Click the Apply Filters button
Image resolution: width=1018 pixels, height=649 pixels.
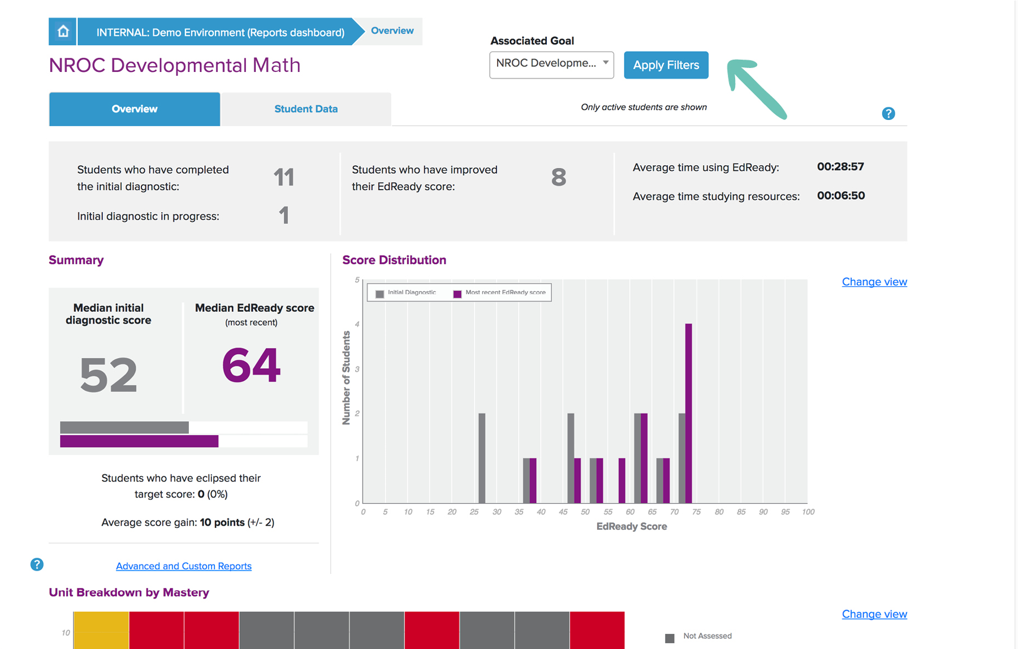666,65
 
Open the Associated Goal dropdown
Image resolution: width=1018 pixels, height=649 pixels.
551,64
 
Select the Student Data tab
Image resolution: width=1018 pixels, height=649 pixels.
305,109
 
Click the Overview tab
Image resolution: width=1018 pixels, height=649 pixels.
135,109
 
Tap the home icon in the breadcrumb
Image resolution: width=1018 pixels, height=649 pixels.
63,31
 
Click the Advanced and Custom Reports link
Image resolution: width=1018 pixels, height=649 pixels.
184,566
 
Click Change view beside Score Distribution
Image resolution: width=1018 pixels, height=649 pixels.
874,282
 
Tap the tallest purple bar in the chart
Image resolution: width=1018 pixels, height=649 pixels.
688,413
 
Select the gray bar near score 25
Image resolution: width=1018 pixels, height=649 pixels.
482,458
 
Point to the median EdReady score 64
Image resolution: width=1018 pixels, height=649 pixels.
251,366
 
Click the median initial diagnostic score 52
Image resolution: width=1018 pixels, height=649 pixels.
109,375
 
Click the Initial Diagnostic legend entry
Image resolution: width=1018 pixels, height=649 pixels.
406,293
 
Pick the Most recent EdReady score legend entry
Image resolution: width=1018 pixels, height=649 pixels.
500,293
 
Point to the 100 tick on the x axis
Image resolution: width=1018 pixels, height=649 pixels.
808,512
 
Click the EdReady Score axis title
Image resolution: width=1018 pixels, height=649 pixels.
631,526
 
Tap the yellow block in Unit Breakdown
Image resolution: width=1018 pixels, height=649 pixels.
101,630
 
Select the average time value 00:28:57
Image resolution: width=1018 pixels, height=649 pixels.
840,167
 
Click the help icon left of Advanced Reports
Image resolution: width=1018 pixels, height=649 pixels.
37,564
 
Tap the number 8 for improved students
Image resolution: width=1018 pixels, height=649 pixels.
558,178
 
